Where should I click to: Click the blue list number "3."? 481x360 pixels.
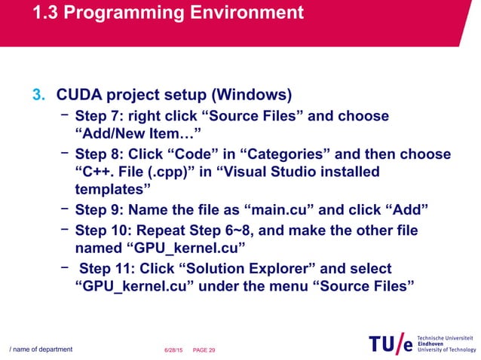pyautogui.click(x=38, y=96)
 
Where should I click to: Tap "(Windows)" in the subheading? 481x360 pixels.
pyautogui.click(x=253, y=96)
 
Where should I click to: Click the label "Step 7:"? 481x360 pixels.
pyautogui.click(x=100, y=116)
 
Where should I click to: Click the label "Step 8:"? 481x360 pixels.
pyautogui.click(x=100, y=154)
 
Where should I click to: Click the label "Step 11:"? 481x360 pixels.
pyautogui.click(x=109, y=269)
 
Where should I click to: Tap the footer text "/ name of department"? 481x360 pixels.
pyautogui.click(x=41, y=349)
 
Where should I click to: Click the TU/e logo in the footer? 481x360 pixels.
pyautogui.click(x=391, y=343)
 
